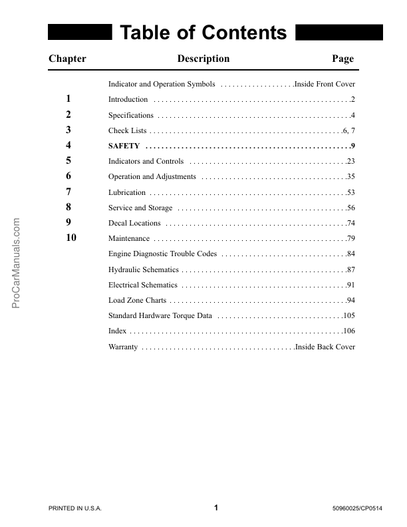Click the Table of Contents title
pyautogui.click(x=203, y=33)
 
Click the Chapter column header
pyautogui.click(x=67, y=59)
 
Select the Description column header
pyautogui.click(x=203, y=59)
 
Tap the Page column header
pyautogui.click(x=342, y=59)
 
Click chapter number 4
pyautogui.click(x=68, y=145)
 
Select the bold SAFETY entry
pyautogui.click(x=124, y=146)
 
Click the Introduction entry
pyautogui.click(x=128, y=100)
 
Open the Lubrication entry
pyautogui.click(x=126, y=192)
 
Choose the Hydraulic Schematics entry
pyautogui.click(x=143, y=269)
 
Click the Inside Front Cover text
pyautogui.click(x=325, y=85)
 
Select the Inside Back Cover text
pyautogui.click(x=326, y=347)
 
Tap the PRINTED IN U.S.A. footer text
pyautogui.click(x=75, y=509)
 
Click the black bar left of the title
pyautogui.click(x=79, y=33)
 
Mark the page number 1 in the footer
pyautogui.click(x=216, y=508)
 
